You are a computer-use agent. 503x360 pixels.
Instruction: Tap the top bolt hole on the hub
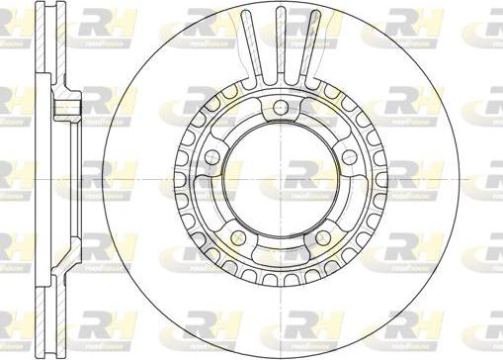(281, 107)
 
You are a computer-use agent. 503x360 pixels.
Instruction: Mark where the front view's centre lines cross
(282, 180)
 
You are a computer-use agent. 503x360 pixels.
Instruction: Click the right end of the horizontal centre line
(494, 180)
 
